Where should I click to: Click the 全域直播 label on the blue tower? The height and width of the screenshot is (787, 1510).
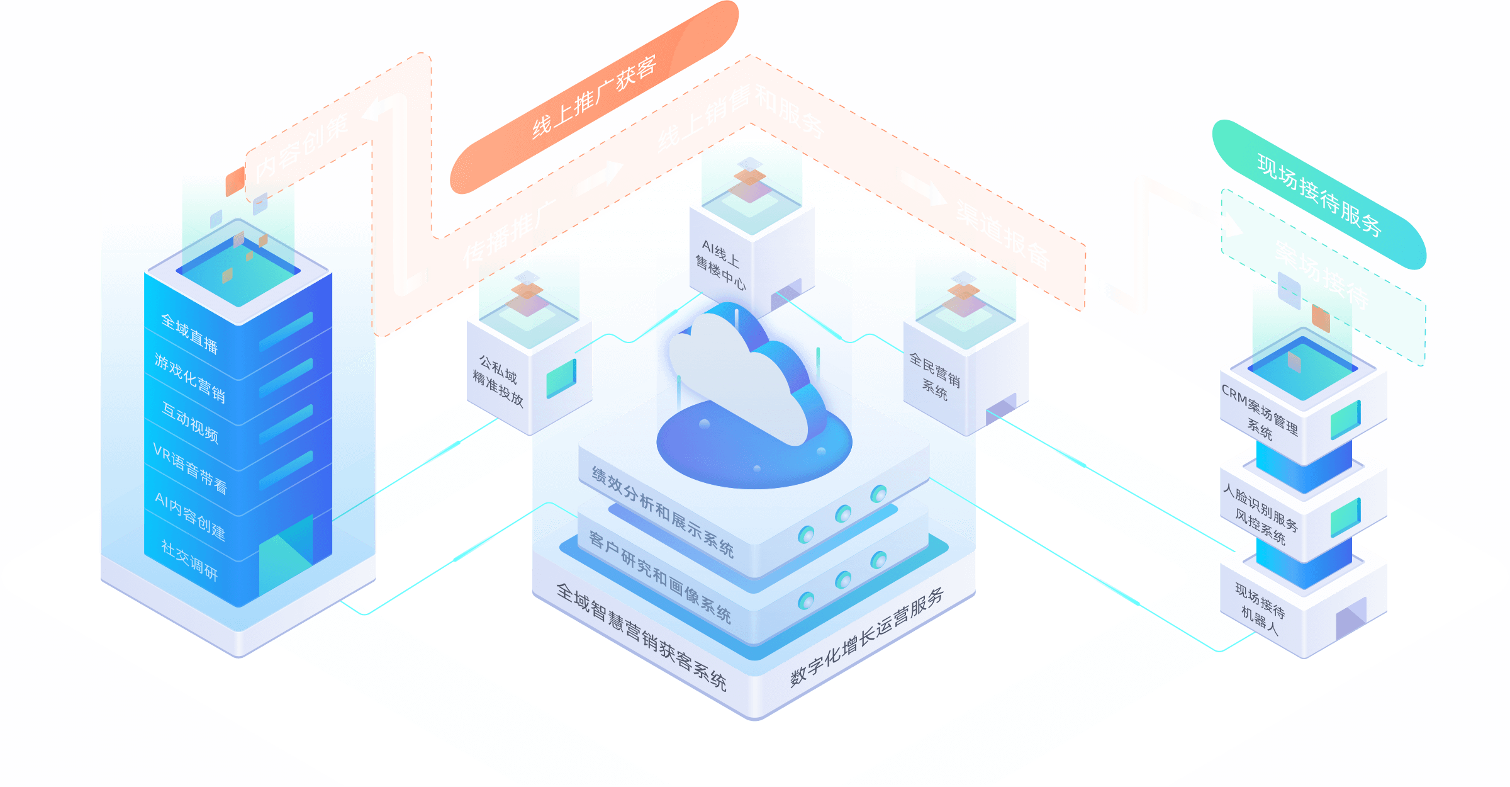click(x=189, y=334)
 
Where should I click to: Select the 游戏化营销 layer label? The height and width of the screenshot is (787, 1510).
click(x=189, y=378)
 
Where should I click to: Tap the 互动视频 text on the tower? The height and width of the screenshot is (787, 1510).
click(x=190, y=422)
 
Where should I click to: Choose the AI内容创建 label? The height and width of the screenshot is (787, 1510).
click(x=190, y=516)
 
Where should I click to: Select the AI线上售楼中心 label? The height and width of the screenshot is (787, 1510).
click(x=720, y=264)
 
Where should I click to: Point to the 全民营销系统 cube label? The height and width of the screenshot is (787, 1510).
click(x=935, y=376)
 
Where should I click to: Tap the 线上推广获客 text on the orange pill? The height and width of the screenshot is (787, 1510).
click(x=595, y=98)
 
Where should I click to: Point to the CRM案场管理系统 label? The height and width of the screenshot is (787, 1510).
click(x=1260, y=412)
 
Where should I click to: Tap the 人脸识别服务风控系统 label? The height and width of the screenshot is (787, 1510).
click(x=1260, y=514)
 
